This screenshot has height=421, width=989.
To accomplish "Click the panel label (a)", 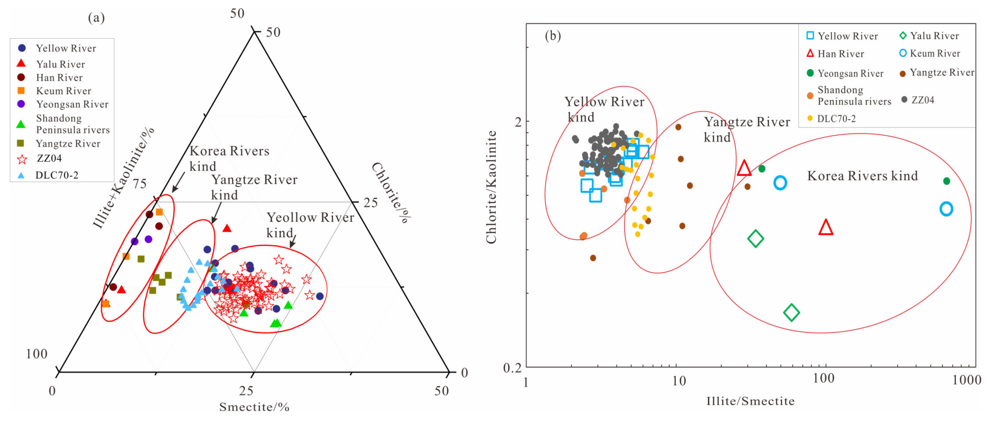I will (x=96, y=18).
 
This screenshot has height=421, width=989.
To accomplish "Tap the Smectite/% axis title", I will (x=254, y=407).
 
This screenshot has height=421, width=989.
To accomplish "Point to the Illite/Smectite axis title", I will (x=750, y=401).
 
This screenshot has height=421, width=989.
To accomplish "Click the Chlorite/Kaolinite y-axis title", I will (x=491, y=187).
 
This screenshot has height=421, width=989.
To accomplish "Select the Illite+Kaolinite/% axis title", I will (x=124, y=177).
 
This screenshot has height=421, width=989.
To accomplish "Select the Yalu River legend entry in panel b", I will (x=929, y=36).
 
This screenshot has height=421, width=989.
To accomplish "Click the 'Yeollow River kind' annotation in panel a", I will (x=310, y=225).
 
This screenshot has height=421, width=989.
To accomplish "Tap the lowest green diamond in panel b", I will (x=791, y=312).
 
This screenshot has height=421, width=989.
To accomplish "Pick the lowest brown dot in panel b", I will (x=593, y=258).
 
